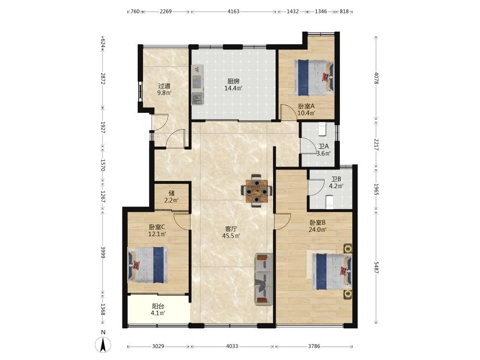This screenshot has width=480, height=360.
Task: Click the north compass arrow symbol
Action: [104, 344]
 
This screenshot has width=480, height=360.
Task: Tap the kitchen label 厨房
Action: [233, 82]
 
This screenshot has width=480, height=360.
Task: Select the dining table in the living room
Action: [256, 191]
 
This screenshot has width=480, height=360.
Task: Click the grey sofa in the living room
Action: [264, 279]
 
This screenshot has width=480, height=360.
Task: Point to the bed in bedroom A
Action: [314, 77]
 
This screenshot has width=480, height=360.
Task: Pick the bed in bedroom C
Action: [147, 265]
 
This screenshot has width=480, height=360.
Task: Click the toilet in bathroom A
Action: [323, 129]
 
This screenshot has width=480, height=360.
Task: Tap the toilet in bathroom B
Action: [329, 202]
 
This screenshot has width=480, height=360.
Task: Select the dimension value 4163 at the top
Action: [234, 12]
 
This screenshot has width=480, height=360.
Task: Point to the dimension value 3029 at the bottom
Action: [158, 346]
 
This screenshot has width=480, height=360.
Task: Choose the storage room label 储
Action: [171, 193]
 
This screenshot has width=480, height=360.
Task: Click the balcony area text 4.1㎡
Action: [158, 313]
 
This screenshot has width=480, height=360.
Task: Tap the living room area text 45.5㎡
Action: [233, 236]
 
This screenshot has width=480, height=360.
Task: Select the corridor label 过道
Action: [164, 86]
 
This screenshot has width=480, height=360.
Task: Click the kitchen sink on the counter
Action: [197, 99]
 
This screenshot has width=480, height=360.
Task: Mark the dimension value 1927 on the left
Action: [103, 127]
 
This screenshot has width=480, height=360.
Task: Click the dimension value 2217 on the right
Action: [376, 144]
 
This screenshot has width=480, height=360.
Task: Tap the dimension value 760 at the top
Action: [135, 12]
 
